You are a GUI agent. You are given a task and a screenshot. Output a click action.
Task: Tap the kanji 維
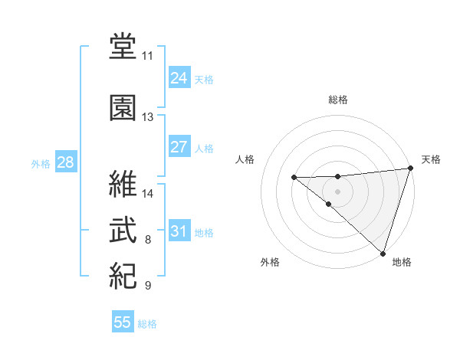point(123,183)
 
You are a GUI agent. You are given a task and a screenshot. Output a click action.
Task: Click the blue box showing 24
point(179,78)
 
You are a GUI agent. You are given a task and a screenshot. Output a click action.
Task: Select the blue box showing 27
point(179,147)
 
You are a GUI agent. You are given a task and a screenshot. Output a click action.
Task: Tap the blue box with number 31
point(179,231)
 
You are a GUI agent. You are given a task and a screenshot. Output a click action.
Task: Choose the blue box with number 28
point(65,163)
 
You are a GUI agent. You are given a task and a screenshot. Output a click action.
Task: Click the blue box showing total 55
point(123,322)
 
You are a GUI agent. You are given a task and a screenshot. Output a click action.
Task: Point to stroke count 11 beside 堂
point(147,56)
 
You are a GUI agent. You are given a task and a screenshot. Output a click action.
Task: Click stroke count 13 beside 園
point(147,117)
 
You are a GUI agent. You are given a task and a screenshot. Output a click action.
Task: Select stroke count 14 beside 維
point(148,193)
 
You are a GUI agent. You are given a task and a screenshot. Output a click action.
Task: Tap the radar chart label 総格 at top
point(338,100)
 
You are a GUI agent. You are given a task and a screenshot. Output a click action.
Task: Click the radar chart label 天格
point(431,159)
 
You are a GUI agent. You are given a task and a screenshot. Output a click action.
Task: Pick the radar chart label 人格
point(245,159)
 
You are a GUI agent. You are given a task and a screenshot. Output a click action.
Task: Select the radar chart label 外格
point(270,263)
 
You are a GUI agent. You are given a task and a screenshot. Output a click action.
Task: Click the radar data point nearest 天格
point(410,168)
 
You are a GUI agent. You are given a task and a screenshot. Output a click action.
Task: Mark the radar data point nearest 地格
point(383,253)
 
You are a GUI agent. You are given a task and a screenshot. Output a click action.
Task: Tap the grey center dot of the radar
point(338,191)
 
